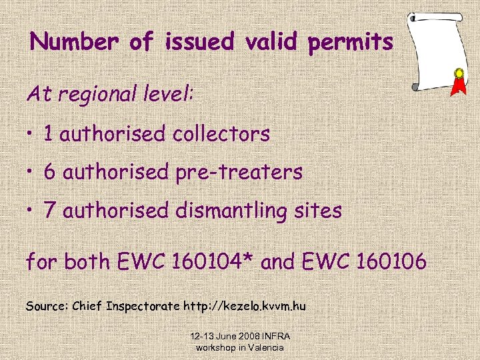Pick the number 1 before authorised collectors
(49, 133)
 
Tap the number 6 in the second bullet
(49, 172)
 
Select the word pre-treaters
(239, 173)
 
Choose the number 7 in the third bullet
(49, 211)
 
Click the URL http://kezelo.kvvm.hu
(244, 306)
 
